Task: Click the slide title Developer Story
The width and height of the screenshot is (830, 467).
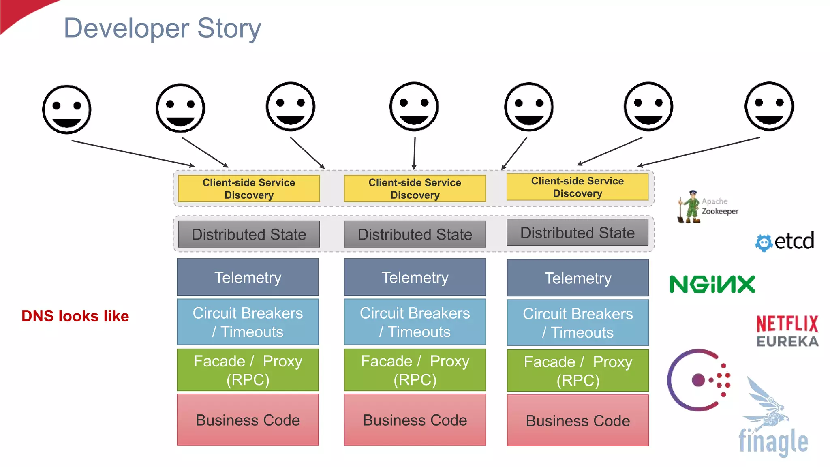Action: (x=162, y=28)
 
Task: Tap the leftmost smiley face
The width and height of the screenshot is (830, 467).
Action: (x=67, y=109)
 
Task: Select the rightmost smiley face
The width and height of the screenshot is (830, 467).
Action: (x=769, y=106)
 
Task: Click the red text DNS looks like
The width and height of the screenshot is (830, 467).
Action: (x=75, y=316)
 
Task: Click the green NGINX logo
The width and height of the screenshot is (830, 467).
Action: (x=712, y=284)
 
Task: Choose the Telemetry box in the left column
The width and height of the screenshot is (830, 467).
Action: (x=248, y=277)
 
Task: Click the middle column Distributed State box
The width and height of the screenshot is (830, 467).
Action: (x=415, y=234)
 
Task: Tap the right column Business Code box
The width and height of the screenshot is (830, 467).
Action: (x=578, y=420)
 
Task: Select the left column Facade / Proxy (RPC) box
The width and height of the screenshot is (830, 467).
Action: (x=248, y=370)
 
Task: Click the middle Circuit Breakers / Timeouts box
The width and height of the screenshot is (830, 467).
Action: (x=415, y=322)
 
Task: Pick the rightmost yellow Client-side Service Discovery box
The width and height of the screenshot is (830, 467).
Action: (x=577, y=187)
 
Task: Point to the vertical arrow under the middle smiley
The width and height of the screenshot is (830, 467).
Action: (x=414, y=153)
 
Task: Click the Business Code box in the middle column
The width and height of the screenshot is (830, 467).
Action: (x=415, y=420)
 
